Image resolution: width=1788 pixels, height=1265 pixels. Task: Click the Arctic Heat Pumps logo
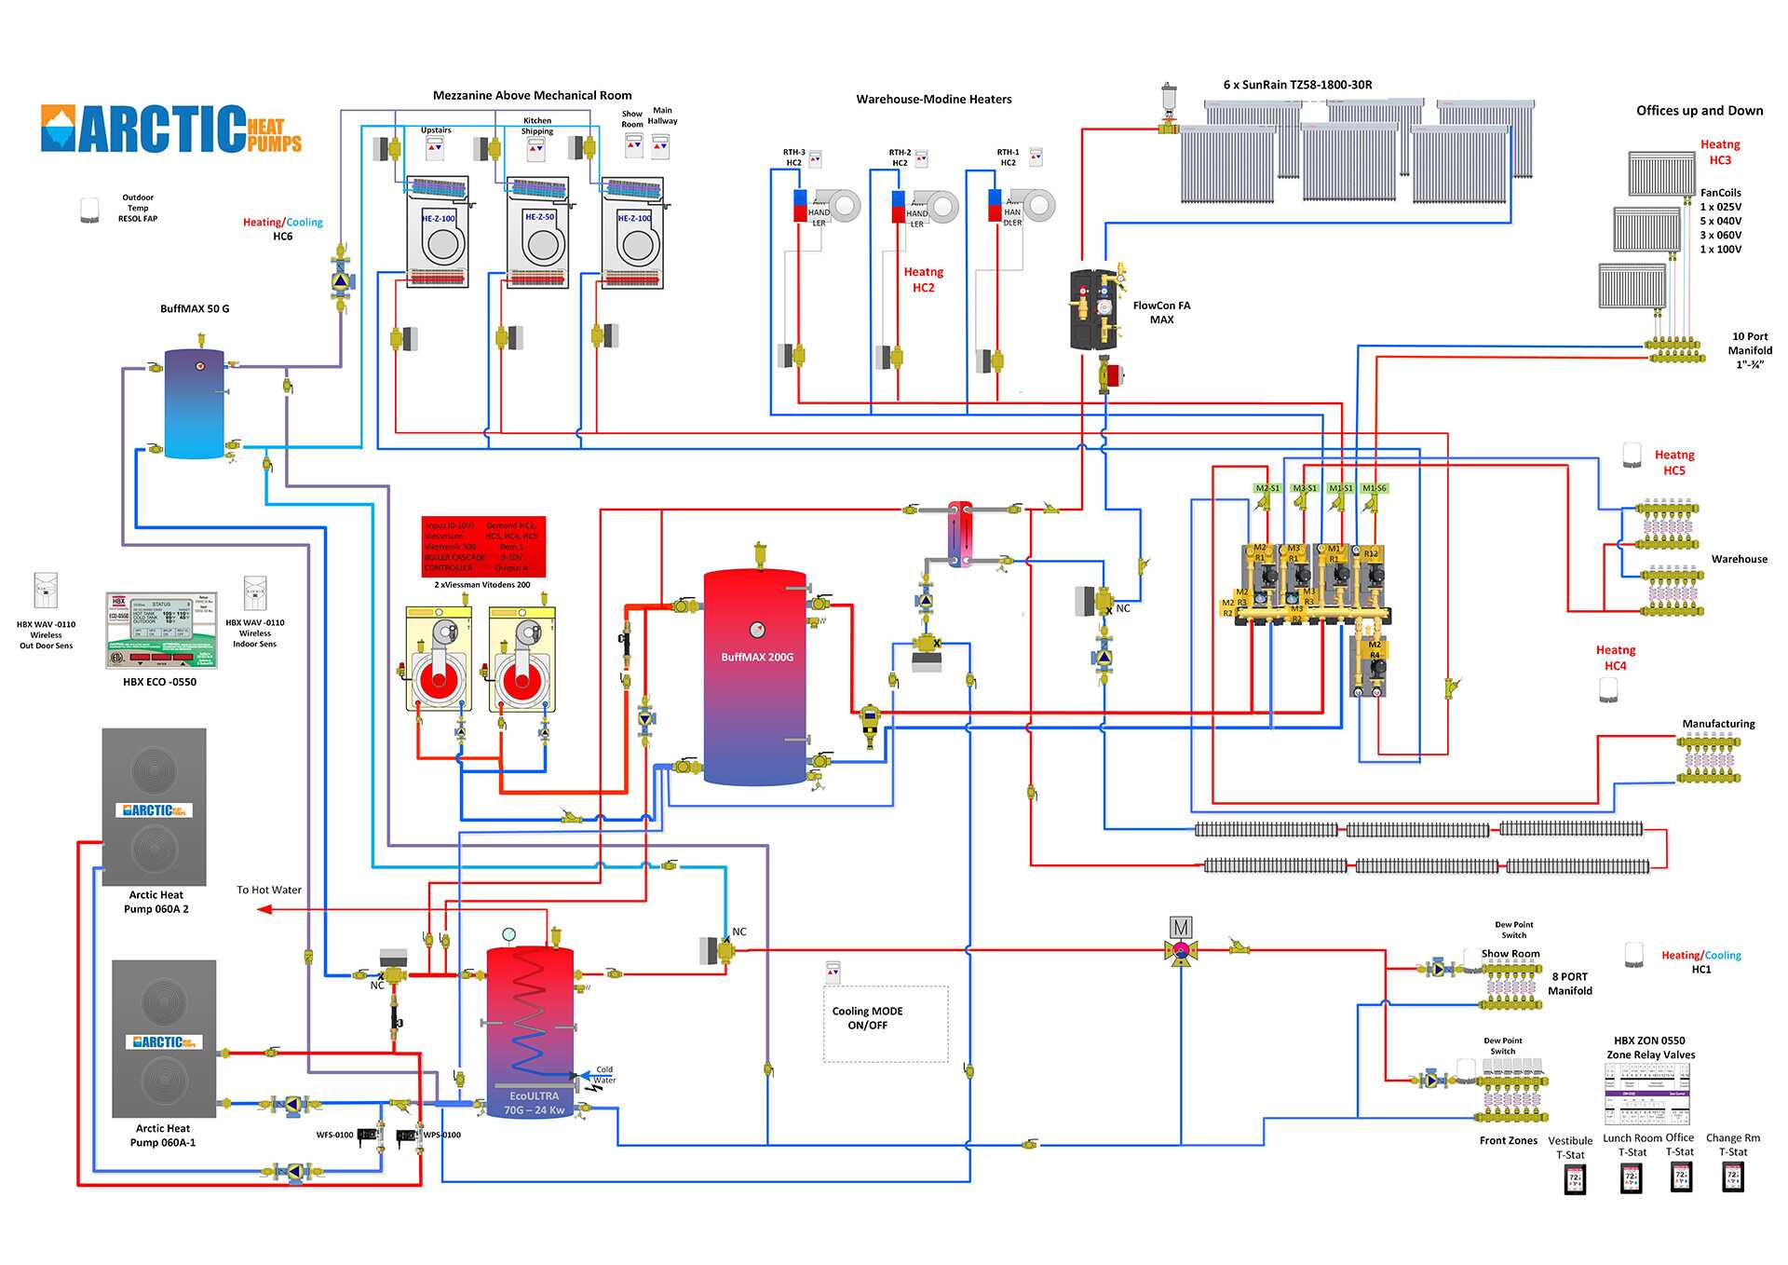click(171, 129)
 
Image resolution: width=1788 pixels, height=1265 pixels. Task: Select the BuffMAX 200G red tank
click(755, 676)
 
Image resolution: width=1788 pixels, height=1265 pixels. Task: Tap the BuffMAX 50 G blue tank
click(194, 404)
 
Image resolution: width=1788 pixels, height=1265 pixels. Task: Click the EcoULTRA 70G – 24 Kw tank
click(530, 1029)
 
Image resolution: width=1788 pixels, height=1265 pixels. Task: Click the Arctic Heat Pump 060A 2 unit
click(154, 807)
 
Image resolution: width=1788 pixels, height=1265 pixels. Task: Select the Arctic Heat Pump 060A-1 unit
click(164, 1039)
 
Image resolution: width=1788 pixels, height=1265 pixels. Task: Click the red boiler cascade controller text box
click(483, 547)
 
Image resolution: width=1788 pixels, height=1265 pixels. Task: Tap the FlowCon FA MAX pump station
click(1096, 310)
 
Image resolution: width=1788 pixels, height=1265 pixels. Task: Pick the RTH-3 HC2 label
click(793, 157)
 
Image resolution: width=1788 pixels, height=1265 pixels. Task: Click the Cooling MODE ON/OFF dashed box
click(885, 1023)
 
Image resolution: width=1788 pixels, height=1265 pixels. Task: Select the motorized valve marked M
click(1180, 928)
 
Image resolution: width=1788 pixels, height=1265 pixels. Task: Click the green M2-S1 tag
click(1266, 488)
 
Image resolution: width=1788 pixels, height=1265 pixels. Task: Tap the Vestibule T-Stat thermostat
click(1575, 1179)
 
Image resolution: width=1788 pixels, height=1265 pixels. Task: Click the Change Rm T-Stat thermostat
click(1733, 1177)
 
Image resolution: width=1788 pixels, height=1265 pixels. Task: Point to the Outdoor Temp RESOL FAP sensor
click(89, 210)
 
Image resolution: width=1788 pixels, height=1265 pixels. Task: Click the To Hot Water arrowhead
click(264, 909)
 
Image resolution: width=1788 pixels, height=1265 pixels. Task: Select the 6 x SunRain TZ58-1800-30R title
click(1297, 85)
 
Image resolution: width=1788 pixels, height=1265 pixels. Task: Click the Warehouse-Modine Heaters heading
click(933, 100)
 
